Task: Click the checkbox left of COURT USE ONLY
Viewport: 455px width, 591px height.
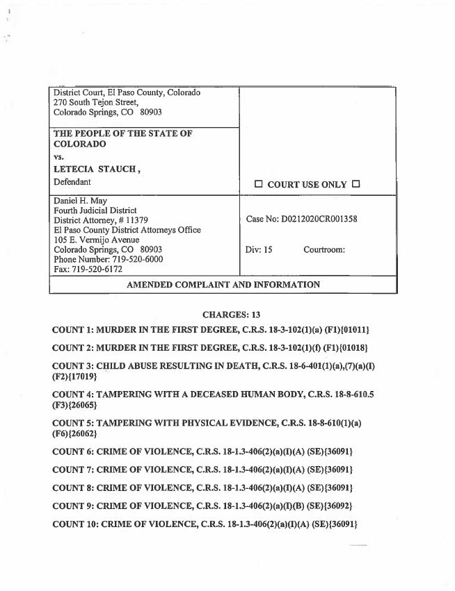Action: [258, 185]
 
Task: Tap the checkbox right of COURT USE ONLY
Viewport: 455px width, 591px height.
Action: [356, 185]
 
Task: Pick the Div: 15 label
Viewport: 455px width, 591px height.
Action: [259, 249]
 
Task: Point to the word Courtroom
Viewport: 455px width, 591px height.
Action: [324, 249]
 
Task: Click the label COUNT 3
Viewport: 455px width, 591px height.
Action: [72, 365]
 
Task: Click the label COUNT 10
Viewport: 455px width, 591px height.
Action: [75, 524]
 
